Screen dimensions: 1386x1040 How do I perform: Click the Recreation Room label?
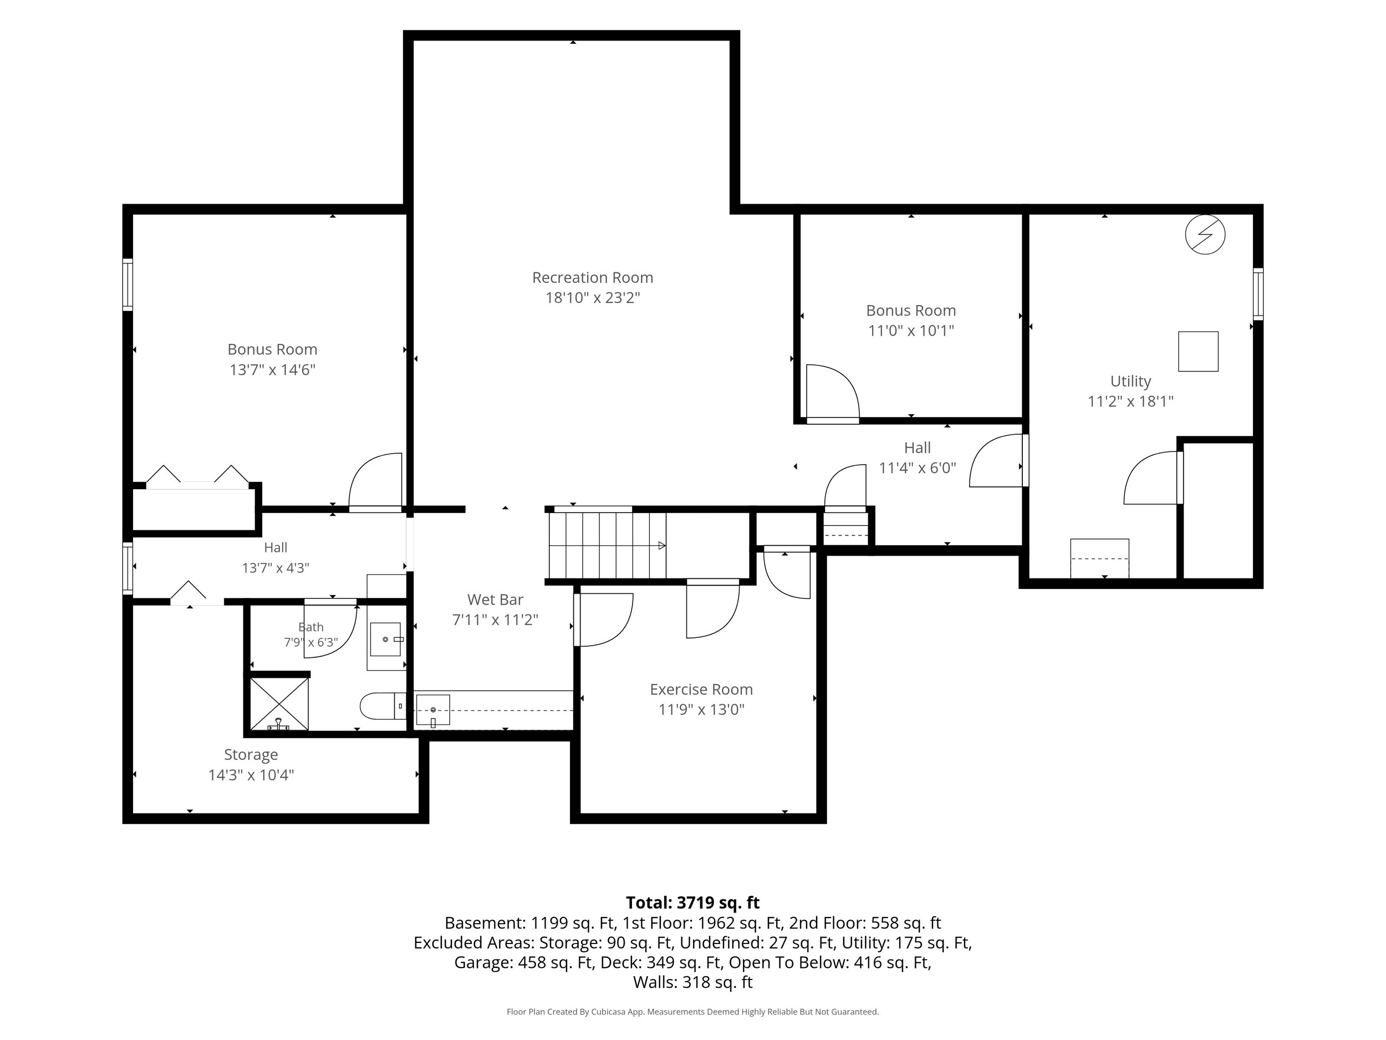tap(592, 277)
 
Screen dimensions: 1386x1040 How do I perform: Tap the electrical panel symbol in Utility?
tap(1205, 235)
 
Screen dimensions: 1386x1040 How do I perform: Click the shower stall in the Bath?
tap(279, 704)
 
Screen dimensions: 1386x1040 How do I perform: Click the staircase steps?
tap(607, 545)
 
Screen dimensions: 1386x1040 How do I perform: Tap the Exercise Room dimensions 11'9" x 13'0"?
tap(701, 709)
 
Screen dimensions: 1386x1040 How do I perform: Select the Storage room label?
tap(251, 754)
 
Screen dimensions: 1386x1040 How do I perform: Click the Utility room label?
tap(1130, 381)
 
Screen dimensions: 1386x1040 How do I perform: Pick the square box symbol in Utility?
tap(1198, 351)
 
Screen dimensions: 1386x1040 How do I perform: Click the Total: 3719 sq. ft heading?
tap(692, 902)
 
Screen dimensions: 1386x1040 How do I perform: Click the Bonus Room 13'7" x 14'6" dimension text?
tap(272, 369)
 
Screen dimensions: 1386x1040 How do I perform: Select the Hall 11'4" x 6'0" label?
tap(918, 458)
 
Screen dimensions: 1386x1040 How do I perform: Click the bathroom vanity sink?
tap(385, 639)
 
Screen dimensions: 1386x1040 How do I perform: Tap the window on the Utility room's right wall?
tap(1257, 294)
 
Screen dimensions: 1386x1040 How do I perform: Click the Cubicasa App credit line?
tap(692, 1011)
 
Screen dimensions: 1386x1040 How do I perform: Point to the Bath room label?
tap(311, 627)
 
